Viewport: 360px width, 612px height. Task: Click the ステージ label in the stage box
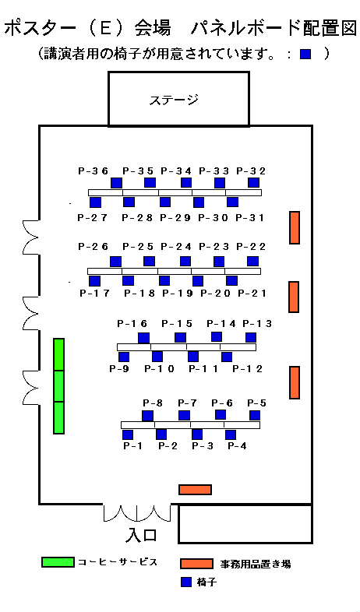tap(174, 100)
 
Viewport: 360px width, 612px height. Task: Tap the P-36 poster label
tap(94, 171)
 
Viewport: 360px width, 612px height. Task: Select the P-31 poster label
tap(250, 218)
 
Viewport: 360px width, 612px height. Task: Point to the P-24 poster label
tap(176, 247)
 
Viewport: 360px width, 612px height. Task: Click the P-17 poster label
tap(95, 293)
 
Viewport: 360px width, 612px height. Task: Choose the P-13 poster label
tap(257, 324)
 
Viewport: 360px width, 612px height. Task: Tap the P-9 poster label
tap(119, 368)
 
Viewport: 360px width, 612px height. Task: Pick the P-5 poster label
tap(257, 403)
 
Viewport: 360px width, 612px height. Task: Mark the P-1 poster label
tap(133, 445)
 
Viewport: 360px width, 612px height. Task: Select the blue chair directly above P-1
tap(128, 434)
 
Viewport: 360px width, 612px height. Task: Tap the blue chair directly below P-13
tap(251, 337)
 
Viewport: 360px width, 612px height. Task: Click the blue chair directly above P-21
tap(232, 280)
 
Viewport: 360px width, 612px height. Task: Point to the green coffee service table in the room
tap(58, 386)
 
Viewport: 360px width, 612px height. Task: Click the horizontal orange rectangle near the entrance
tap(196, 490)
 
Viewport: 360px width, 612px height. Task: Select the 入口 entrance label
tap(141, 535)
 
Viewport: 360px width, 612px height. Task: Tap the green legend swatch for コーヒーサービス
tap(58, 562)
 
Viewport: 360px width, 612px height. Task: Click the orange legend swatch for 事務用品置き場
tap(197, 564)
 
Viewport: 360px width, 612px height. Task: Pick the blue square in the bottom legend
tap(187, 582)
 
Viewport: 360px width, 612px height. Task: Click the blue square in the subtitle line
tap(305, 54)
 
